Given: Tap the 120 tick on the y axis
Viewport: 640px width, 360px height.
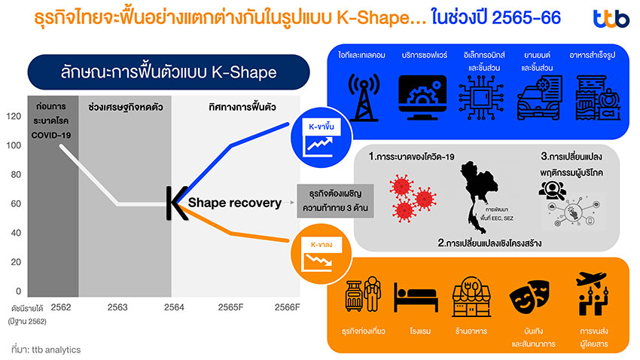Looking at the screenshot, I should [14, 116].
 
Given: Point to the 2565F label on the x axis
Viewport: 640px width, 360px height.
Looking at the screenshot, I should [230, 307].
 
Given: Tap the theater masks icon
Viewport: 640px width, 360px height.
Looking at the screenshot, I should [528, 300].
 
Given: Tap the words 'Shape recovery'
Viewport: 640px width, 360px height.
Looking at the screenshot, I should [234, 203].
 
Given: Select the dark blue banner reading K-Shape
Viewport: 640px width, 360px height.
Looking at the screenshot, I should [169, 72].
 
